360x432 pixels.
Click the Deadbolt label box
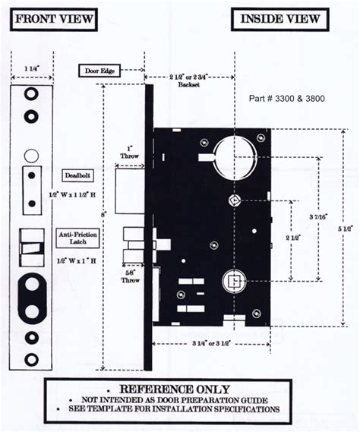pos(77,174)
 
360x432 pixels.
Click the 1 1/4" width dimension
pos(31,69)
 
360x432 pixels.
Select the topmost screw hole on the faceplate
pos(31,93)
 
